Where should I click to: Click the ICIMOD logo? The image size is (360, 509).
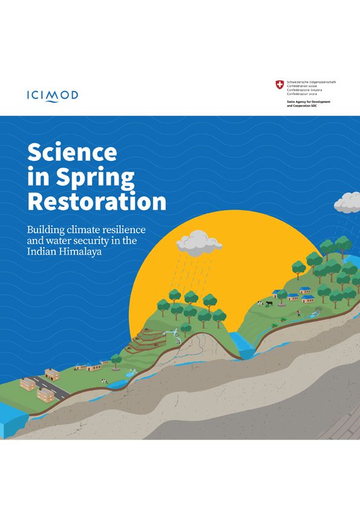click(53, 95)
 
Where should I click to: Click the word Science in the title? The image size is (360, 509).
click(72, 152)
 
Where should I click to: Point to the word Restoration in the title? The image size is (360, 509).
click(97, 201)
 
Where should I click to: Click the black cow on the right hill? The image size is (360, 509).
click(269, 303)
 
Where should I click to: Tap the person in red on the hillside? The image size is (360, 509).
click(298, 314)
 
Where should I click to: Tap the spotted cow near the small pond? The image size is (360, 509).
click(104, 381)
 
